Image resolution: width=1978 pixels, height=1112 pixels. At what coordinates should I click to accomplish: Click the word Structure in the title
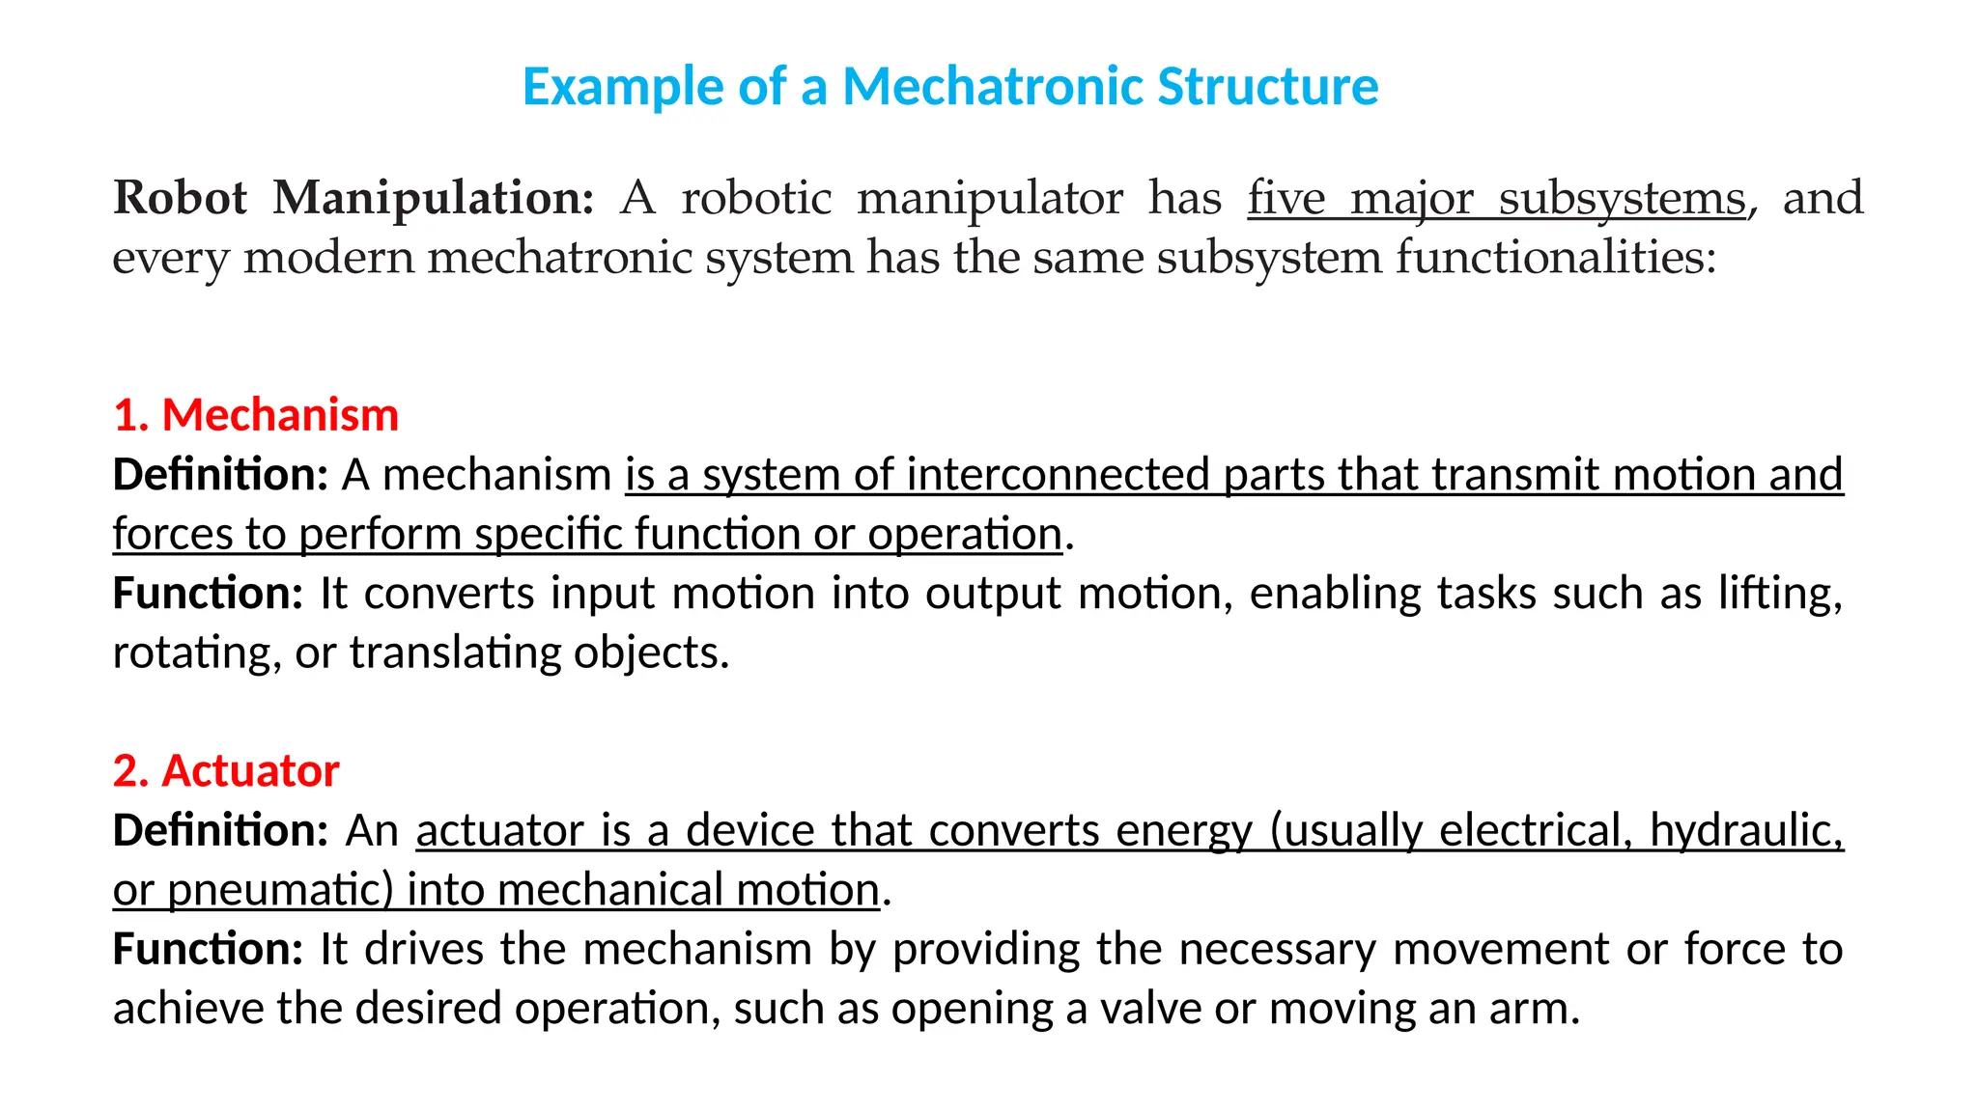click(x=1267, y=87)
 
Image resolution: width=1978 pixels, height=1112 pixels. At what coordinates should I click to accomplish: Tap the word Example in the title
click(x=623, y=87)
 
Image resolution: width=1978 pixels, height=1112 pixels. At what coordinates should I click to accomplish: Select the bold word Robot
click(x=180, y=198)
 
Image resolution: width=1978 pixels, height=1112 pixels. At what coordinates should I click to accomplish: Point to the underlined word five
click(x=1286, y=198)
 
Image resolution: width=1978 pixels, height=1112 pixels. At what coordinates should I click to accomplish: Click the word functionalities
click(x=1555, y=258)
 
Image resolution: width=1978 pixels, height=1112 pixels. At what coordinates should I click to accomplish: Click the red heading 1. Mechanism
click(x=256, y=415)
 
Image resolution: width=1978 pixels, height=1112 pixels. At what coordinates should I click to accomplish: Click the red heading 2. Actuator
click(x=226, y=771)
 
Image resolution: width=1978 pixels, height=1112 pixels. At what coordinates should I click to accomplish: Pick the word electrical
click(x=1535, y=831)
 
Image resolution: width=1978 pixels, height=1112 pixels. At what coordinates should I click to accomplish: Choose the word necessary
click(x=1277, y=949)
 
